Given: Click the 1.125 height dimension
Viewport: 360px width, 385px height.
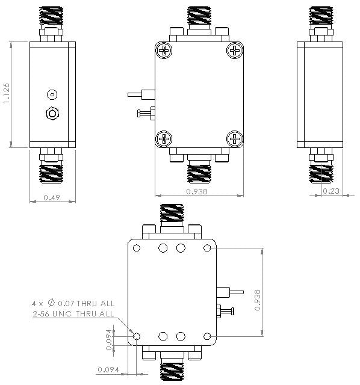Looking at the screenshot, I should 7,94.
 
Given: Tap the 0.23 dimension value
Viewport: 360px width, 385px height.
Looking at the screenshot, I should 331,191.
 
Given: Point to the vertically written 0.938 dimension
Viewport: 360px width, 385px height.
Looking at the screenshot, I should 258,299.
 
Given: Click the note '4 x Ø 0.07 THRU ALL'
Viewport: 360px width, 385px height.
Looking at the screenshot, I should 73,304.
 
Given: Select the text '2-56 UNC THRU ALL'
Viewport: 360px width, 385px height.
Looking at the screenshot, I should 73,313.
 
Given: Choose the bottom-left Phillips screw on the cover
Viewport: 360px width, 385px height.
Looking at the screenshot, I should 163,139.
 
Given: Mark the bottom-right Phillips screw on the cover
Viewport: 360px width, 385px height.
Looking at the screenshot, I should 234,139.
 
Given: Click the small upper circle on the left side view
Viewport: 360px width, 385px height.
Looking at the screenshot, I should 52,94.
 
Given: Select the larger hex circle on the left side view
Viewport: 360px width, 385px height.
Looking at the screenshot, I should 52,113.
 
